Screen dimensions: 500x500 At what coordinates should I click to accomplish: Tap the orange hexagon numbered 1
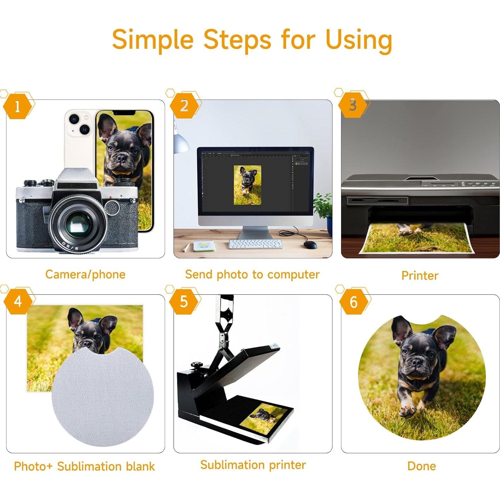(17, 106)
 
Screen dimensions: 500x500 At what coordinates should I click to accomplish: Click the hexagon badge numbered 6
(353, 302)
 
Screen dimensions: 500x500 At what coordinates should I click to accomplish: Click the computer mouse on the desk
(310, 245)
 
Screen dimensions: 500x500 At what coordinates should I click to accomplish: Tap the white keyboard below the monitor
(255, 244)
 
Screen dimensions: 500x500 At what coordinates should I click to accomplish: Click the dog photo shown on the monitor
(247, 185)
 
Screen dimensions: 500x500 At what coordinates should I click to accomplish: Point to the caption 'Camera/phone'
(85, 274)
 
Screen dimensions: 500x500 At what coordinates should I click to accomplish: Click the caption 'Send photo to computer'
(252, 274)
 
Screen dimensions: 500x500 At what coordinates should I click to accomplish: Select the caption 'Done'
(422, 466)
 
